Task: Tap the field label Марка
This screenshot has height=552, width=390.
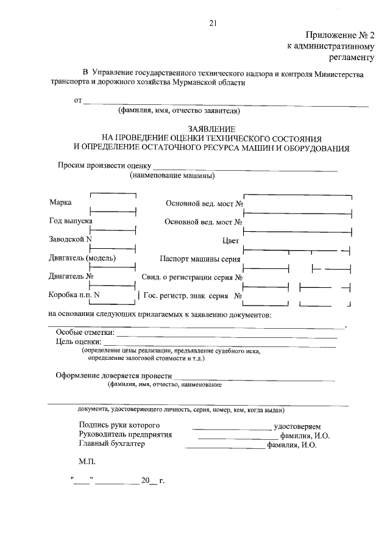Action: point(60,202)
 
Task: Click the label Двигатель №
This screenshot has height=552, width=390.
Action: point(70,276)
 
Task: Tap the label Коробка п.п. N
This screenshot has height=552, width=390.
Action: point(74,295)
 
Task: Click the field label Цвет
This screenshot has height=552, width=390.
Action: point(231,241)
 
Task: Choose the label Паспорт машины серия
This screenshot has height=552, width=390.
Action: point(200,259)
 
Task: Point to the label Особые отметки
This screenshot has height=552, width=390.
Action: point(85,333)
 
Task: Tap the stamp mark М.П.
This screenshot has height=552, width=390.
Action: point(87,463)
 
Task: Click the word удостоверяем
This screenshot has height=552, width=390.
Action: point(302,425)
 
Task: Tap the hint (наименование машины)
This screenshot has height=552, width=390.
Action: point(172,176)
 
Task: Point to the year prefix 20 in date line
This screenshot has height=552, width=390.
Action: point(145,481)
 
